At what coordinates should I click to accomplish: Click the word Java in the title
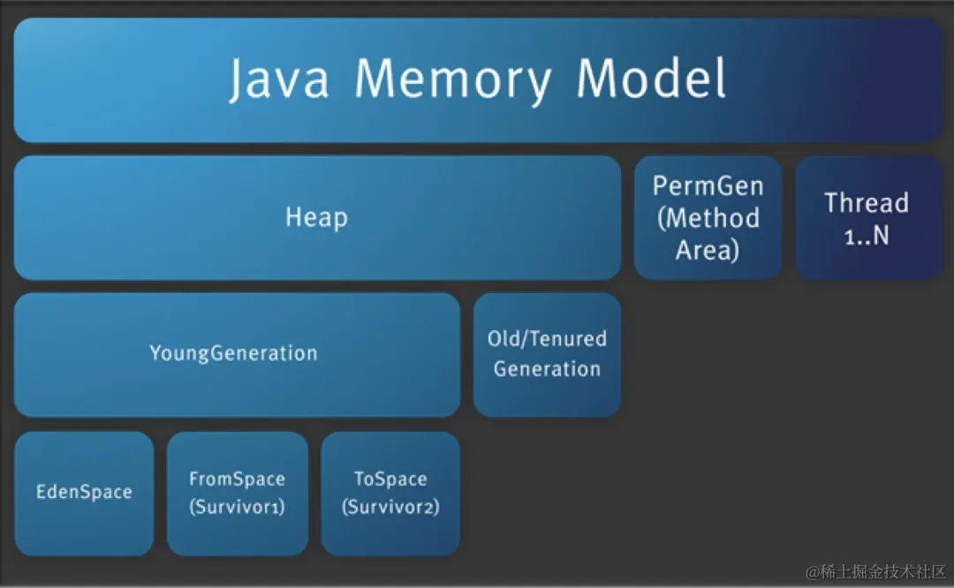(x=279, y=79)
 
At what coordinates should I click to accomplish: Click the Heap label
(x=316, y=217)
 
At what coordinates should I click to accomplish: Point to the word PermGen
(x=708, y=186)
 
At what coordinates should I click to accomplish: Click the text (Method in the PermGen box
(x=708, y=218)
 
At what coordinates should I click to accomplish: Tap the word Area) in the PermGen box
(x=708, y=250)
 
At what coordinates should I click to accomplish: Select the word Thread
(x=867, y=203)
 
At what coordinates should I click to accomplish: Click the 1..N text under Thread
(x=867, y=237)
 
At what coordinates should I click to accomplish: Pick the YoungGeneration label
(x=233, y=353)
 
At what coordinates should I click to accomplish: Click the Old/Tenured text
(x=547, y=338)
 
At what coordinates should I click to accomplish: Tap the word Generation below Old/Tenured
(x=547, y=369)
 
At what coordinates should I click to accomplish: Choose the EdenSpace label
(x=84, y=492)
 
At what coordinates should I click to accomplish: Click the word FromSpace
(x=237, y=479)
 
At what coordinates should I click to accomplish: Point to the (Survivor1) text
(x=237, y=508)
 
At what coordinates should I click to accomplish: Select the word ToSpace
(x=390, y=479)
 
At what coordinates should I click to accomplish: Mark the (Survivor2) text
(x=390, y=508)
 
